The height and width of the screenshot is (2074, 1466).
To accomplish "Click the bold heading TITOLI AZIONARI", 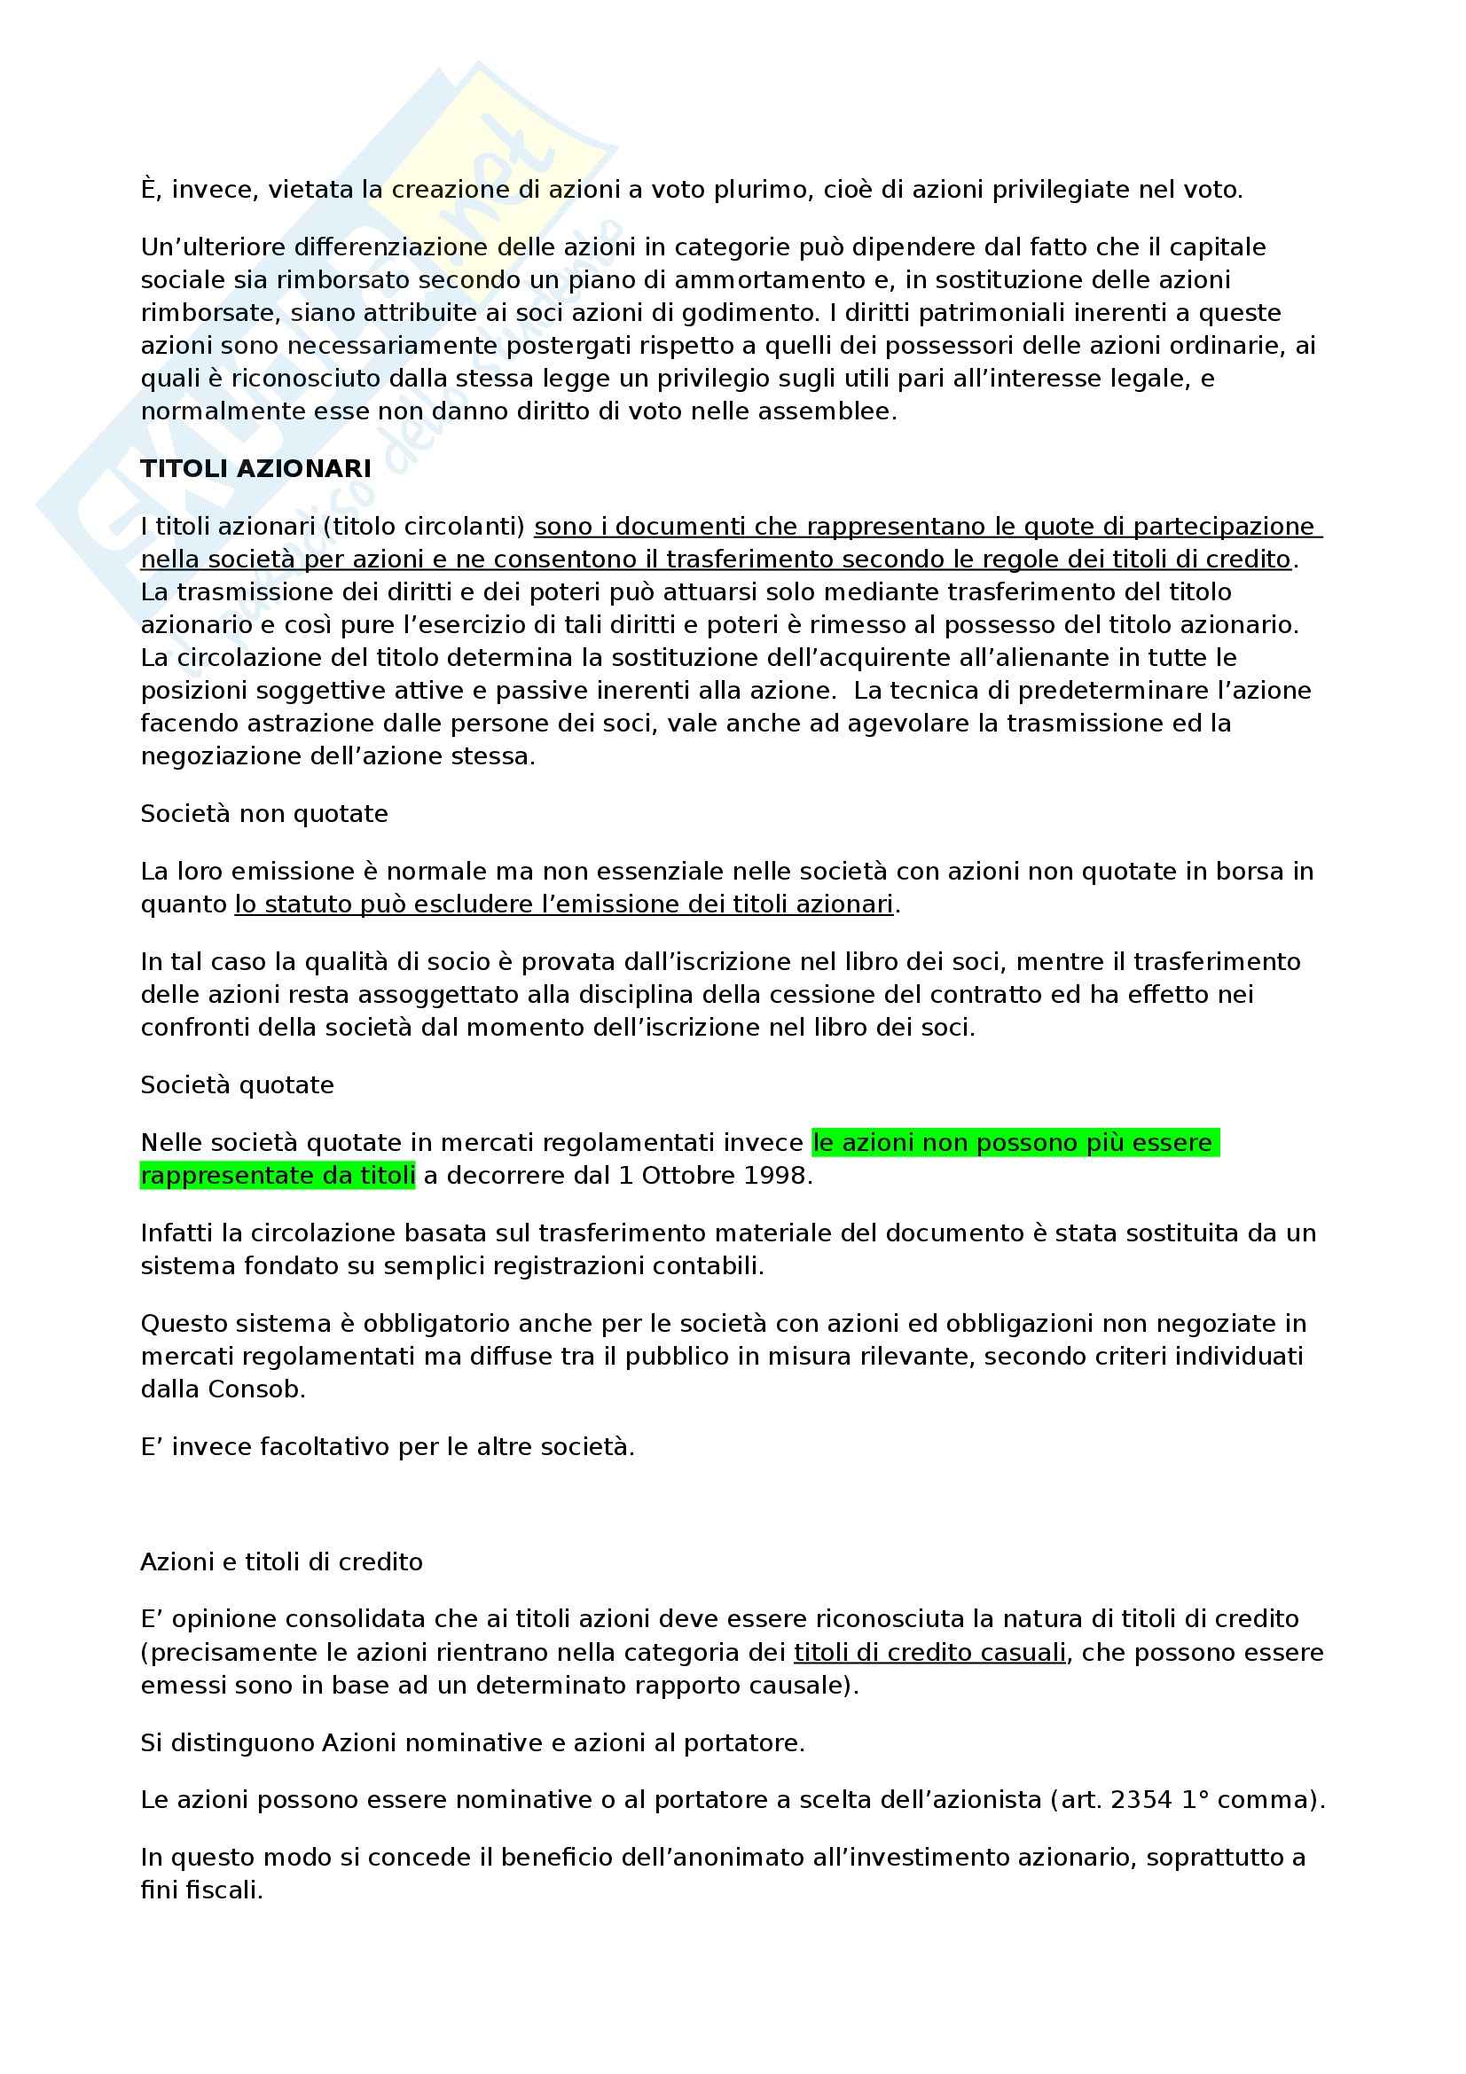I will [255, 469].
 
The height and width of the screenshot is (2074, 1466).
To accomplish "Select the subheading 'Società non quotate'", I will [263, 814].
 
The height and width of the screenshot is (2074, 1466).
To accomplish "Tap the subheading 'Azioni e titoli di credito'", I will [281, 1561].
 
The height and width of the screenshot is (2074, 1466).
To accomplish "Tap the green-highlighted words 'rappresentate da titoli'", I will [278, 1176].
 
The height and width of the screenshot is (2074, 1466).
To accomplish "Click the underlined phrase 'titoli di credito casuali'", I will [929, 1653].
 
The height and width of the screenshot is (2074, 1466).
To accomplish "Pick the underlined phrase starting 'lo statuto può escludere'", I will [564, 904].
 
